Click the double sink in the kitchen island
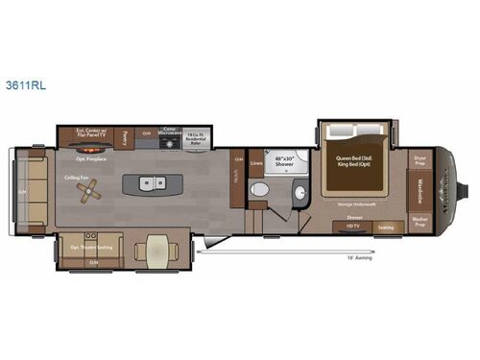pyautogui.click(x=151, y=182)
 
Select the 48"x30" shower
pyautogui.click(x=285, y=162)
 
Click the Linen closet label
pyautogui.click(x=256, y=163)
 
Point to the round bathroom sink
pyautogui.click(x=300, y=195)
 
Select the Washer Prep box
pyautogui.click(x=420, y=223)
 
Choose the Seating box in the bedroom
pyautogui.click(x=386, y=227)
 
